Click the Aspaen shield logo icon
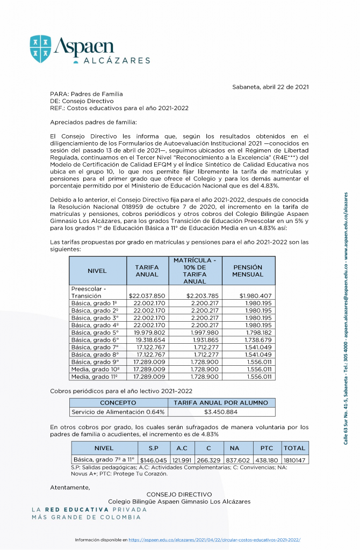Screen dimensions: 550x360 coord(41,49)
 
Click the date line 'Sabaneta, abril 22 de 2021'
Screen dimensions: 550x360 coord(270,87)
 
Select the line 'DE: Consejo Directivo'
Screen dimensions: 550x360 coord(82,101)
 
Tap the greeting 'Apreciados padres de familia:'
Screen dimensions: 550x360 coord(93,122)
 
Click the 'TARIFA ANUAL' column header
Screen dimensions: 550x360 coord(147,271)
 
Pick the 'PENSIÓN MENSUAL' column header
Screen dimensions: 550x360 coord(247,271)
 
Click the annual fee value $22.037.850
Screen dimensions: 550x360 coord(147,295)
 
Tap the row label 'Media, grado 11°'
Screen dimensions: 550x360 coord(95,377)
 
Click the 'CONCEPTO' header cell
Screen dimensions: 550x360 coord(119,402)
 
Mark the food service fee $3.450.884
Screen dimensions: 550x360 coord(221,412)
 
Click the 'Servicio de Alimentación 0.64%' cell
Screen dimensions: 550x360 coord(119,412)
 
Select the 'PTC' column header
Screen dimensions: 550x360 coord(267,447)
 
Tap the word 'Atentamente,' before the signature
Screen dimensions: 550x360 coord(70,487)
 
